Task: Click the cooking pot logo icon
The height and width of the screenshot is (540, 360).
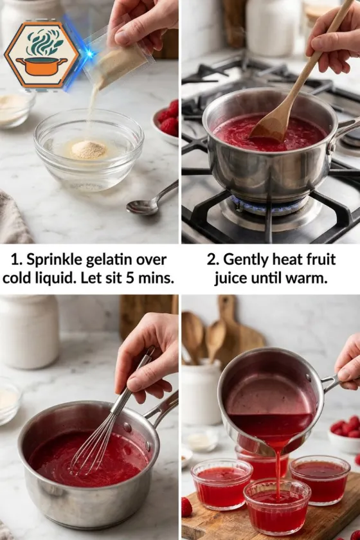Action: tap(41, 54)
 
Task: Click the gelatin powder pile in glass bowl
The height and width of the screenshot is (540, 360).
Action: tap(89, 149)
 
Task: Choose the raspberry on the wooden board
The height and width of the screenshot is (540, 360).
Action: tap(186, 507)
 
